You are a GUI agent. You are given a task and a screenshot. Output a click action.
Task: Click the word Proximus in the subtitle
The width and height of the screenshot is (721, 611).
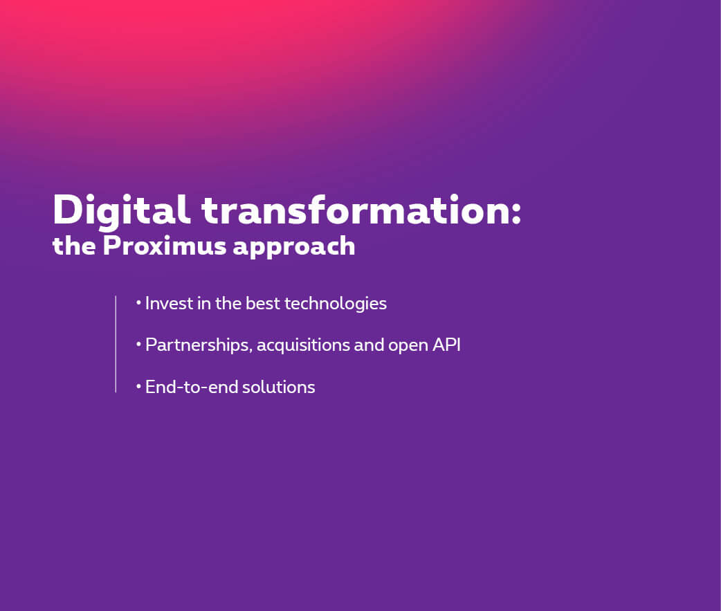(164, 246)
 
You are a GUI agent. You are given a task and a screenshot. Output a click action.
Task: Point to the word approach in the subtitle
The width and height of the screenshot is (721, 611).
(294, 247)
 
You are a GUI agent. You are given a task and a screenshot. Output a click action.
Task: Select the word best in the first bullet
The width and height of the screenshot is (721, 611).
(262, 304)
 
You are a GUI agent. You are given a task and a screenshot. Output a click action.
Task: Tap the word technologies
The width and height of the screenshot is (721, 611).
(336, 304)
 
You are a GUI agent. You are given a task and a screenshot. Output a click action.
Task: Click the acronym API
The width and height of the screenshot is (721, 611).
(446, 345)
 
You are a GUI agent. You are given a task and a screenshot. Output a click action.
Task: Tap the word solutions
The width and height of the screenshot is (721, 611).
(279, 387)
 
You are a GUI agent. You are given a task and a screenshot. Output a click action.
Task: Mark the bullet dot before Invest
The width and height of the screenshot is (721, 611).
(138, 302)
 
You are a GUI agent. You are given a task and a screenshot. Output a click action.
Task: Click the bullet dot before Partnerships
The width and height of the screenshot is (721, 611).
(138, 344)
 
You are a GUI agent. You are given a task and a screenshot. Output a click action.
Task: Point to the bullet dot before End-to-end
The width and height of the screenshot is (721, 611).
(138, 386)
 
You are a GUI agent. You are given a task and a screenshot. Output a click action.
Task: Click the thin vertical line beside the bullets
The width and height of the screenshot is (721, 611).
(116, 344)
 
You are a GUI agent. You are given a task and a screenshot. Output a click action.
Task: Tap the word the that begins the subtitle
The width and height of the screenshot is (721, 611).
(75, 246)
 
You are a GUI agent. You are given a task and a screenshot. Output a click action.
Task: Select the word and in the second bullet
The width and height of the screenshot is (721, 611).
(369, 345)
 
